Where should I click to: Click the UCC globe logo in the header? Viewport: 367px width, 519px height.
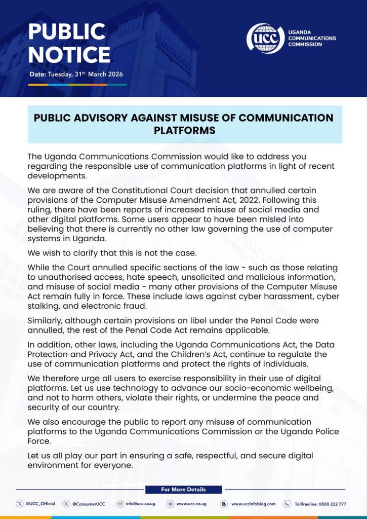[x=265, y=38]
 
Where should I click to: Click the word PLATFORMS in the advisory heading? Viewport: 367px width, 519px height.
[x=184, y=131]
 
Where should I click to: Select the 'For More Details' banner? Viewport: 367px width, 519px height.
[x=183, y=490]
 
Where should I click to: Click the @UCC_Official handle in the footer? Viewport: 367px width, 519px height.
[x=40, y=504]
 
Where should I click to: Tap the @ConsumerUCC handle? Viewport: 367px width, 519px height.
[x=89, y=504]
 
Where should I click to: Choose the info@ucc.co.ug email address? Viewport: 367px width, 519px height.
[x=140, y=504]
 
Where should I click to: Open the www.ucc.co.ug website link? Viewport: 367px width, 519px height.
[x=190, y=504]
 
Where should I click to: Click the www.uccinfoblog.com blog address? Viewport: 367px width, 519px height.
[x=253, y=504]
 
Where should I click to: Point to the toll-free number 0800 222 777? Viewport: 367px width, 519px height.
[x=333, y=504]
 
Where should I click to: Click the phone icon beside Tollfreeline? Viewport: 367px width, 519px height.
[x=287, y=504]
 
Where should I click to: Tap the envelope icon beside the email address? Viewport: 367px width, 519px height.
[x=120, y=504]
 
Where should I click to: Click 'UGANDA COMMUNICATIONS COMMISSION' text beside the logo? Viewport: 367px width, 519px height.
[x=311, y=38]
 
